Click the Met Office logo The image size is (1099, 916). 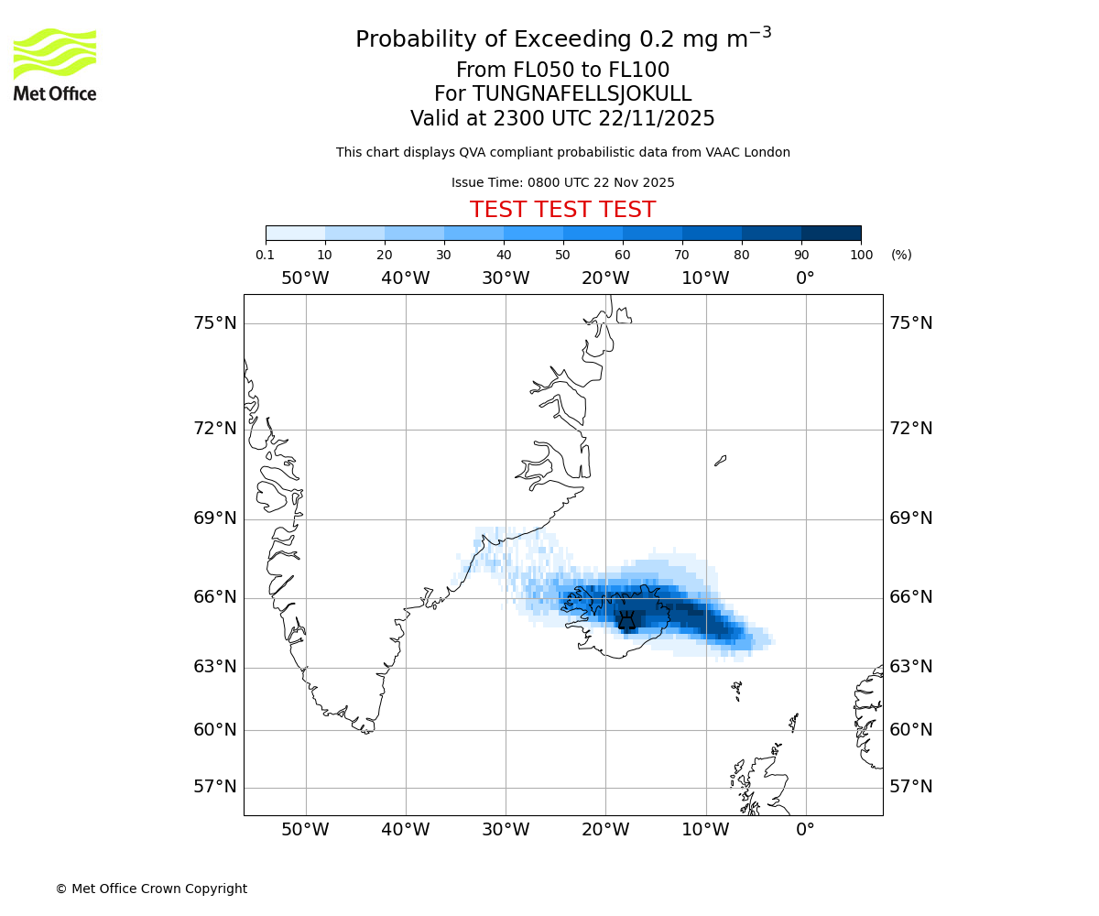coord(55,64)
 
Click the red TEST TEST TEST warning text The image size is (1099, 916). coord(562,210)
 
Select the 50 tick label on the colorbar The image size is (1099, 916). coord(563,255)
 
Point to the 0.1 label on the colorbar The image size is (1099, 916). coord(266,255)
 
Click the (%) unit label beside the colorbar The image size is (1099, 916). coord(901,255)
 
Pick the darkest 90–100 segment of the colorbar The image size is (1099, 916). coord(831,233)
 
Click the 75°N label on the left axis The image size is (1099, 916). coord(215,322)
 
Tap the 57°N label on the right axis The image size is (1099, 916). coord(911,787)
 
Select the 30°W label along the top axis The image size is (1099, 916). coord(506,278)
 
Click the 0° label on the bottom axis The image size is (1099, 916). coord(805,830)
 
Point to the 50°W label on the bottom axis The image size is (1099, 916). coord(305,830)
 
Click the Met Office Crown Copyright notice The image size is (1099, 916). coord(151,889)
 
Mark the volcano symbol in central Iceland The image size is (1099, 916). coord(626,620)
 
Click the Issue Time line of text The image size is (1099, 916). coord(562,182)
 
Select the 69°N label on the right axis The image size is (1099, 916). coord(911,518)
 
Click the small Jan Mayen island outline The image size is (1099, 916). coord(721,461)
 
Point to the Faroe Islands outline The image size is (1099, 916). coord(736,691)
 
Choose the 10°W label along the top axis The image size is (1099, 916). coord(705,278)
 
